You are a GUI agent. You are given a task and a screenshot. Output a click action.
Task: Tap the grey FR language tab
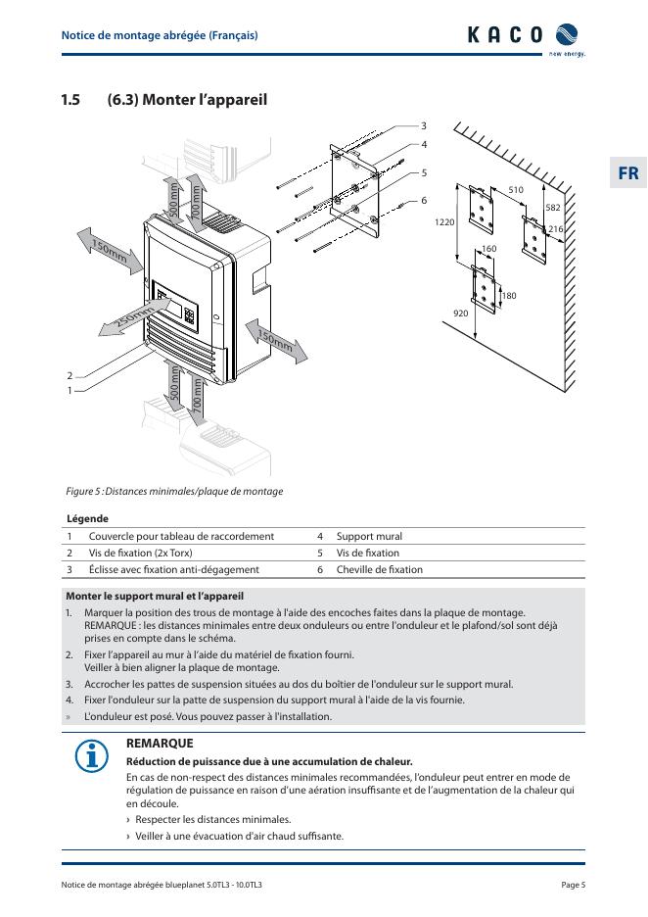[x=627, y=173]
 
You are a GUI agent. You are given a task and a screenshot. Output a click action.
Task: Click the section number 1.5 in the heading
[x=69, y=100]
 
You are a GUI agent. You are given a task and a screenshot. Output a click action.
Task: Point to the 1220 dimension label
[x=445, y=223]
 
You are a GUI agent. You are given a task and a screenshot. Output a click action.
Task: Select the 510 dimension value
[x=516, y=189]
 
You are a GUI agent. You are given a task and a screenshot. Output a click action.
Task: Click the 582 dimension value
[x=553, y=208]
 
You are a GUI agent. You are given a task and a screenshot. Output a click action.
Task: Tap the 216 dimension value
[x=555, y=228]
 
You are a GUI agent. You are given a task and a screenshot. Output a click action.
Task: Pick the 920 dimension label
[x=460, y=313]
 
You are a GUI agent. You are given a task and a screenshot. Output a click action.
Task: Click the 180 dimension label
[x=508, y=295]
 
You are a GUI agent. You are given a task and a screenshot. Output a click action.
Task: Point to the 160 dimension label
[x=488, y=249]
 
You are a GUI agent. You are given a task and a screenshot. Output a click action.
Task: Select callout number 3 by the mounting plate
[x=424, y=125]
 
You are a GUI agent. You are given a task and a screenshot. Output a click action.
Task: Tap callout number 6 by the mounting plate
[x=424, y=200]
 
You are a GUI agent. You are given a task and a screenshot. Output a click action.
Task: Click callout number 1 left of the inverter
[x=69, y=390]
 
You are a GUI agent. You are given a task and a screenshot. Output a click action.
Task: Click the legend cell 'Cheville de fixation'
[x=379, y=569]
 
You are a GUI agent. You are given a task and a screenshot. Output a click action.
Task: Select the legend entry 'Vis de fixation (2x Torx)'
[x=146, y=553]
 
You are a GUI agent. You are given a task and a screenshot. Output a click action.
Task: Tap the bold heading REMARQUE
[x=160, y=744]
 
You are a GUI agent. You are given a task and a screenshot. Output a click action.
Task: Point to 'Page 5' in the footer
[x=573, y=885]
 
